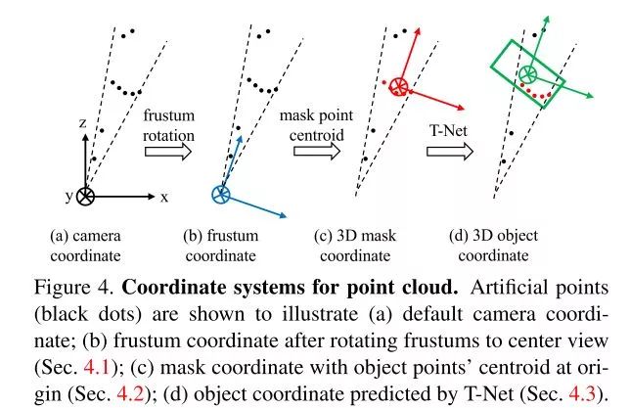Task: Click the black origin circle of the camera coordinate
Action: [86, 196]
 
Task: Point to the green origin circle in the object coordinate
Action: [527, 73]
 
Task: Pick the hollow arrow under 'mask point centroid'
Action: [314, 153]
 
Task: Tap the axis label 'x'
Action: [163, 196]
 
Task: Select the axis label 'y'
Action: [68, 196]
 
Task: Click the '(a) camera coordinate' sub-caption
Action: [86, 245]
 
